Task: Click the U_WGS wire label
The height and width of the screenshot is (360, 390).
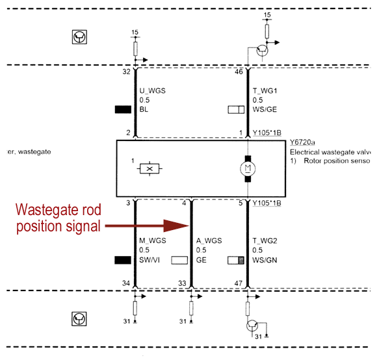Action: [x=153, y=91]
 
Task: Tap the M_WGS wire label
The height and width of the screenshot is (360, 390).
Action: [x=153, y=240]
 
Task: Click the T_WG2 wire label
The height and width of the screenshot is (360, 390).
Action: [x=266, y=240]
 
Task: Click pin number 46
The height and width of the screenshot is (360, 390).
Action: [x=238, y=73]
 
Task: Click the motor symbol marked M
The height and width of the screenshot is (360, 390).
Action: [x=247, y=169]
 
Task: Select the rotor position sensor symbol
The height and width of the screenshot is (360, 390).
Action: [x=150, y=169]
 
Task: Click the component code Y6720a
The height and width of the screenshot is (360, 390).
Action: [x=302, y=143]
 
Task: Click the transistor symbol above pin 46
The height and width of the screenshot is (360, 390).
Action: [x=263, y=49]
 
